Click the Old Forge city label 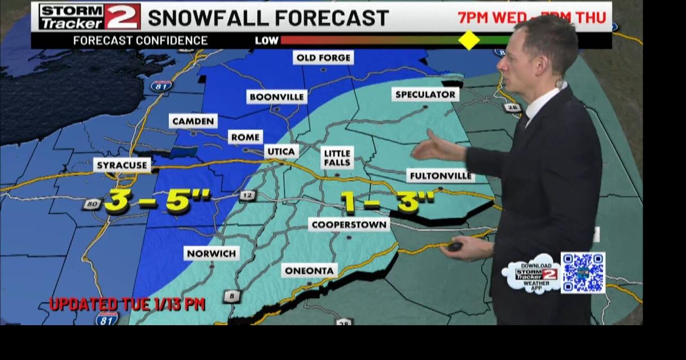323,58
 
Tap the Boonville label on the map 277,97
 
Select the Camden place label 193,121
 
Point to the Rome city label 245,137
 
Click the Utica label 281,152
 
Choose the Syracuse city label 122,165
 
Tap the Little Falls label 337,157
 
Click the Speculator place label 425,95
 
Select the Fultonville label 441,176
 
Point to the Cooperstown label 349,224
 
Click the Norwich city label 211,253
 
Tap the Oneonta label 309,271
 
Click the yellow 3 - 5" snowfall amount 157,201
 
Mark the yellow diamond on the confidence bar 469,40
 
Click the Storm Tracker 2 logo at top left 90,17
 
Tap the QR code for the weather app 583,273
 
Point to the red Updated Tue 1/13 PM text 127,304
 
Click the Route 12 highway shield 247,196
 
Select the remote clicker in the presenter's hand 455,246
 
